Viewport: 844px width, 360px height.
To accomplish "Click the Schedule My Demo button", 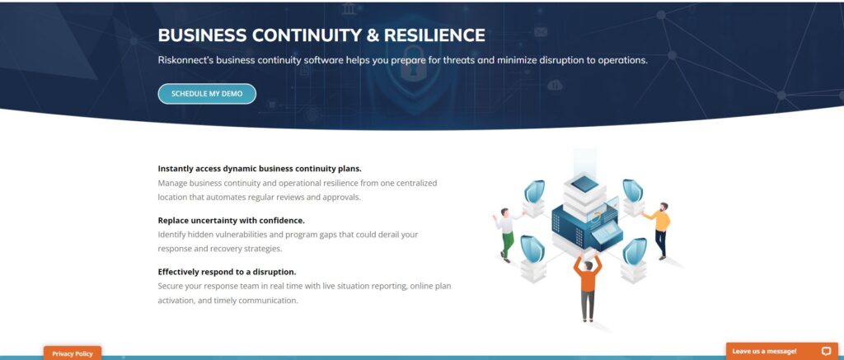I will coord(207,94).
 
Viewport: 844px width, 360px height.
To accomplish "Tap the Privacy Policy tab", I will coord(73,353).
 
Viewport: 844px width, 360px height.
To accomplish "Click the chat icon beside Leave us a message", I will coord(826,351).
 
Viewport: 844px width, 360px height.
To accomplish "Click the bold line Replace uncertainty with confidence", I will coord(231,220).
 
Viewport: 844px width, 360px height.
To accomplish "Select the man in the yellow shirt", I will coord(659,227).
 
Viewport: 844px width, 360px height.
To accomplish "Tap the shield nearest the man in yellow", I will coord(632,190).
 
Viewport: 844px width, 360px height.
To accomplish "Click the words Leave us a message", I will coord(764,351).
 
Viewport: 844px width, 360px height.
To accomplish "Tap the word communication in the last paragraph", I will coord(270,301).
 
